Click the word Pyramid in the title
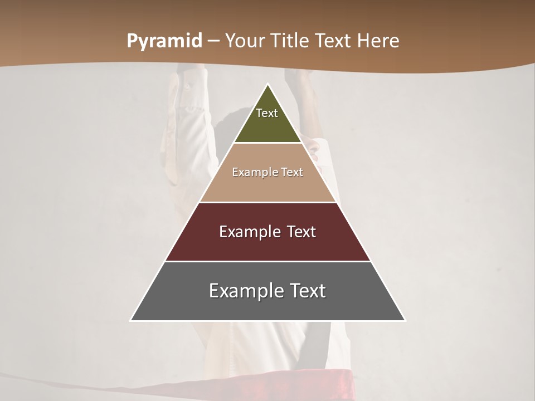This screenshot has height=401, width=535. coord(164,41)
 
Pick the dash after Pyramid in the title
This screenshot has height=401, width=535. coord(213,41)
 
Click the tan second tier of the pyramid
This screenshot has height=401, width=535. coord(267,187)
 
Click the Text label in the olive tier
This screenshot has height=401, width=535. coord(267,113)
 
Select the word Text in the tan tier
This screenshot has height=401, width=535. coord(292,172)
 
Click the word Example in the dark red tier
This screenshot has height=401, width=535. coord(245,232)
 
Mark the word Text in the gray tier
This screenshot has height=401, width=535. coord(308,291)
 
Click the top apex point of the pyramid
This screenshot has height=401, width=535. coord(267,85)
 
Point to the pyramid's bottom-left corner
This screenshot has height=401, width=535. coord(132,320)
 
